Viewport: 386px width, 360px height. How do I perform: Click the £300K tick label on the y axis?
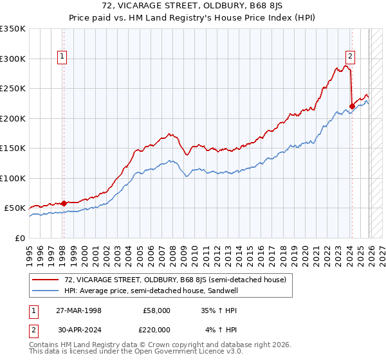(13, 59)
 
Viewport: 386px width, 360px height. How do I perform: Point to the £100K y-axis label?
(13, 178)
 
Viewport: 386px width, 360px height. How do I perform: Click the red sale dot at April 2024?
(352, 107)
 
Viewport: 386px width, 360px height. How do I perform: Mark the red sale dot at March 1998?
(64, 203)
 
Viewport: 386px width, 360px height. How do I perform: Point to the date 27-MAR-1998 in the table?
(79, 310)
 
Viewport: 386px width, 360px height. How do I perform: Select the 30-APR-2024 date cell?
(79, 329)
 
